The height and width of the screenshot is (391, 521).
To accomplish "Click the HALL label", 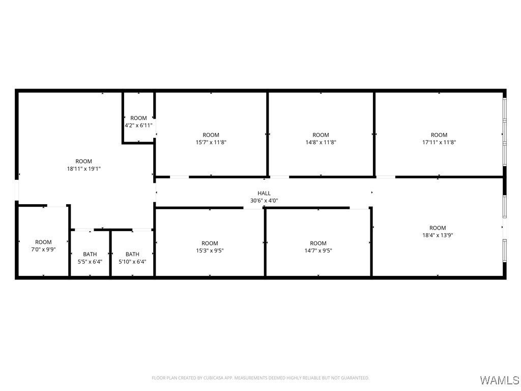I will (264, 193).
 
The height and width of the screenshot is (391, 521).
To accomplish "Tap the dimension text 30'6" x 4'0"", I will (264, 201).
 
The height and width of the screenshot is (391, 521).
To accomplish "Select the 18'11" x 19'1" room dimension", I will (84, 169).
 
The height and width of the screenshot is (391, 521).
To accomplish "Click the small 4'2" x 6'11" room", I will (138, 122).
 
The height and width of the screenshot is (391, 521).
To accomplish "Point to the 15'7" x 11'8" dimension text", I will (211, 143).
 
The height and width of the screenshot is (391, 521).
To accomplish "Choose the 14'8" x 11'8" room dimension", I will (321, 143).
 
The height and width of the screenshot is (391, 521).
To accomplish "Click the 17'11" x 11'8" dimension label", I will (439, 143).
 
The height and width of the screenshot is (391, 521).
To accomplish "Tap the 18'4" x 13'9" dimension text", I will (438, 235).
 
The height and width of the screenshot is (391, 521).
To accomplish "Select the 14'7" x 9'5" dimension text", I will (318, 250).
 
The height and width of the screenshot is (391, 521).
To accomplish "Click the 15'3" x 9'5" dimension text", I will (210, 250).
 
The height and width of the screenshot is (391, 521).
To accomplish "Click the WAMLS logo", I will (499, 380).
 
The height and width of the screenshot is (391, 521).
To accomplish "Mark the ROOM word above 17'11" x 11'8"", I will (439, 135).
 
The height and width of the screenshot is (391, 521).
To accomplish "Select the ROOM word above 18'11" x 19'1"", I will (84, 161).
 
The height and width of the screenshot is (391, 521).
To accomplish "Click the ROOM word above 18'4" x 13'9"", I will (438, 228).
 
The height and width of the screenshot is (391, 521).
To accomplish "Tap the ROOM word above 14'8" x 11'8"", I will (321, 135).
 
